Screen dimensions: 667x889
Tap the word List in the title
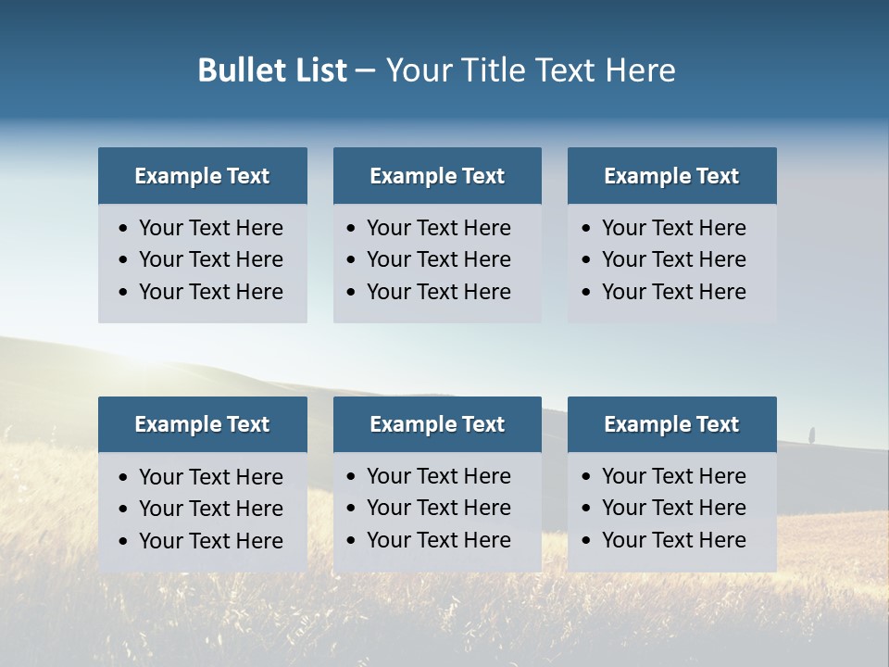322,70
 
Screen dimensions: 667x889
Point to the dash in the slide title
365,71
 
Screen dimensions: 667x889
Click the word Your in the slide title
419,70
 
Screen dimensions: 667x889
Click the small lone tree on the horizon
812,434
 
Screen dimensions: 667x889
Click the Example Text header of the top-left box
202,176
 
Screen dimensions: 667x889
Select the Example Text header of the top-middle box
437,176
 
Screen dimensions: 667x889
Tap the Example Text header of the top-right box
671,176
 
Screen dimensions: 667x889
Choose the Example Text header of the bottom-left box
202,424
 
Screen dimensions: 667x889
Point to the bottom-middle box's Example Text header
437,424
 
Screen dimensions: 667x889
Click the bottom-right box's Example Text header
671,424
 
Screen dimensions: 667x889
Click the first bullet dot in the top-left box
124,229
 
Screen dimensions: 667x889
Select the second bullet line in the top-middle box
438,259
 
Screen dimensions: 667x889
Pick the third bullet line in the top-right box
673,292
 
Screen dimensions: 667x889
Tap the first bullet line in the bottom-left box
210,477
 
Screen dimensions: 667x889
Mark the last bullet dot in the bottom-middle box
352,540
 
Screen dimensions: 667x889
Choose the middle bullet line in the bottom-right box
673,508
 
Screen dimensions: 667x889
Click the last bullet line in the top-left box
210,292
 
